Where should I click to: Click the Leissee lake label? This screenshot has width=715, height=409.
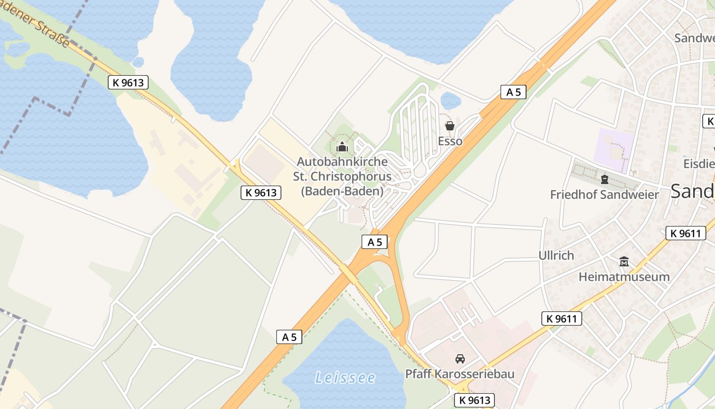345,378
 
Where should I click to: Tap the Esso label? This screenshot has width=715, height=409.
450,141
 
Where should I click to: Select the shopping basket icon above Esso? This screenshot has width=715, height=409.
450,126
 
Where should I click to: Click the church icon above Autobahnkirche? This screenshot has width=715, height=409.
342,147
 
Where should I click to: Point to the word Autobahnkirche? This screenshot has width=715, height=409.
342,162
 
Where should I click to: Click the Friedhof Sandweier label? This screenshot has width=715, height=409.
605,195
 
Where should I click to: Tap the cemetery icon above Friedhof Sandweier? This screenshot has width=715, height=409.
605,179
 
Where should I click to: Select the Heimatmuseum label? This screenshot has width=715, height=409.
624,277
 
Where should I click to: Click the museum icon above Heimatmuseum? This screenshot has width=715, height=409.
624,262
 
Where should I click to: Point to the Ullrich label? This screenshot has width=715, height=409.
556,255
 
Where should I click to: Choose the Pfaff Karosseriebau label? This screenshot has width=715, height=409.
460,374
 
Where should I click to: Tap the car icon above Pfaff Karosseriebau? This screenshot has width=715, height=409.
460,359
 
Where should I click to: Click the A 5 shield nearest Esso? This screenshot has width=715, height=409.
513,92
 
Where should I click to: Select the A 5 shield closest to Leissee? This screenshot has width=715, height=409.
289,336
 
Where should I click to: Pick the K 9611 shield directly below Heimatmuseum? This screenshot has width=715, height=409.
562,319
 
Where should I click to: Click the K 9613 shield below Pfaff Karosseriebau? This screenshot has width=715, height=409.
475,400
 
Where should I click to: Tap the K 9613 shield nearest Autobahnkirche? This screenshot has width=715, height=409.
261,193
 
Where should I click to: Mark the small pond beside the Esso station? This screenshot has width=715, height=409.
450,101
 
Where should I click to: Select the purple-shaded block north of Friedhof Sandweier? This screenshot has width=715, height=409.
614,144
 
